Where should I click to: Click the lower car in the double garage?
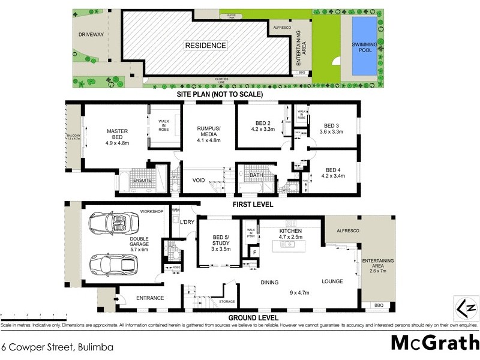point(114,264)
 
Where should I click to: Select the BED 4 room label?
point(331,170)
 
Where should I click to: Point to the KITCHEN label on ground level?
point(290,230)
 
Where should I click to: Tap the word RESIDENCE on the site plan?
point(205,45)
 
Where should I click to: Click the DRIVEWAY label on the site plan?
point(91,35)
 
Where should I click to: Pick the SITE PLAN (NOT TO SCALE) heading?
point(219,95)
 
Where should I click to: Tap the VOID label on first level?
point(199,180)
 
